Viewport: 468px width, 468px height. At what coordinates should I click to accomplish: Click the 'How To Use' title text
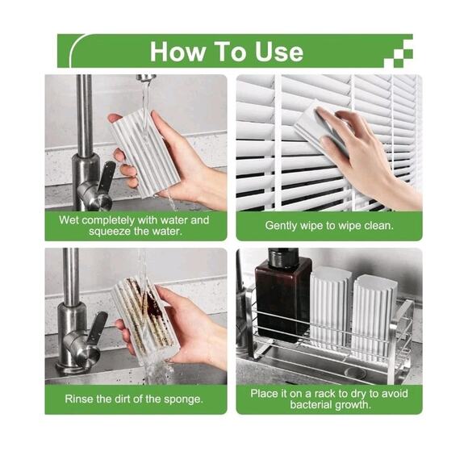point(227,52)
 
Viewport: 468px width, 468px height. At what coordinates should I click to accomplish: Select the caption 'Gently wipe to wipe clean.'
point(329,226)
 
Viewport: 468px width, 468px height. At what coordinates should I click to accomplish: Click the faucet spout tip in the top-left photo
point(146,79)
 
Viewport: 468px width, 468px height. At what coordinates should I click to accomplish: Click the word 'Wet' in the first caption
point(70,219)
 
